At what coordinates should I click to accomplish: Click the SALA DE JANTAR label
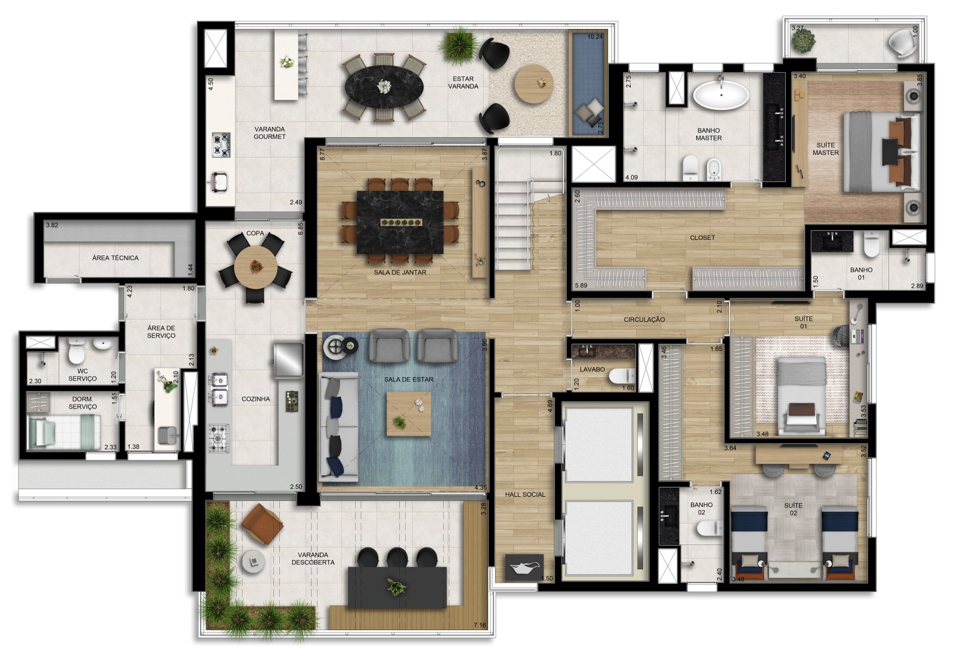[x=400, y=272]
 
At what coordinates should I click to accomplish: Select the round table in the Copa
[x=256, y=267]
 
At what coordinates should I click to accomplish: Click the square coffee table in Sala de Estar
[x=409, y=413]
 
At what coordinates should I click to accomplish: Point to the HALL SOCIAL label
[x=525, y=494]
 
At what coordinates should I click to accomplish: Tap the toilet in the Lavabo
[x=622, y=376]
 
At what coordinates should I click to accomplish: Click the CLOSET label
[x=702, y=238]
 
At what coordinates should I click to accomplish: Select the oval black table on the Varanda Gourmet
[x=384, y=88]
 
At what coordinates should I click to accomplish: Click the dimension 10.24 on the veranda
[x=595, y=37]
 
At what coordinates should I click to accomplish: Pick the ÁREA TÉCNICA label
[x=116, y=258]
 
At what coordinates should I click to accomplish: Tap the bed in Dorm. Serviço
[x=64, y=431]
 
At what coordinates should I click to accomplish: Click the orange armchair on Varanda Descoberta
[x=263, y=524]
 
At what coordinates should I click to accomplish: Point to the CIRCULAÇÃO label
[x=644, y=319]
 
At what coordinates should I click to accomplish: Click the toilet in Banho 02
[x=710, y=528]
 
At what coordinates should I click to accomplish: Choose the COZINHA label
[x=256, y=399]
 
